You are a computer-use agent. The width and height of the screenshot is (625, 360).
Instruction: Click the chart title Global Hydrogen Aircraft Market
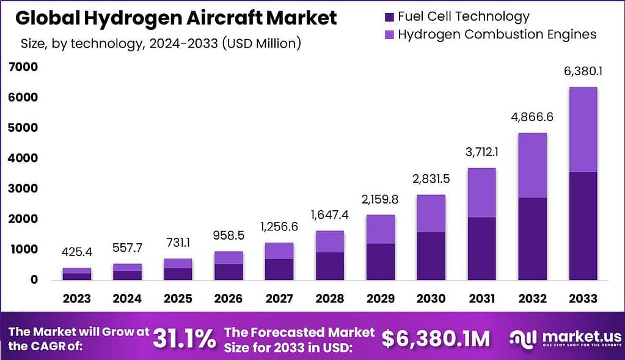176,18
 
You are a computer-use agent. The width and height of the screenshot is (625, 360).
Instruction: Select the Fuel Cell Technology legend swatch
389,17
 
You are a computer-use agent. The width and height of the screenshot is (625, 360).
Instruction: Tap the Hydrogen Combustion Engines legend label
497,34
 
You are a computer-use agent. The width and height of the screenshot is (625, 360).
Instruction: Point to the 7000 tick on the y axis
23,67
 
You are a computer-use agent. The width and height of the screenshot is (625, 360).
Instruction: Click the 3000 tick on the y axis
23,188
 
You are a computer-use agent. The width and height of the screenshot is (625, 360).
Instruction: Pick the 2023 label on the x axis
76,299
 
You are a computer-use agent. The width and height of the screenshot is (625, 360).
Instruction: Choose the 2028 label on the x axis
329,299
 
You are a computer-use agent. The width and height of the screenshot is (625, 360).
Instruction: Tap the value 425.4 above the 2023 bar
76,252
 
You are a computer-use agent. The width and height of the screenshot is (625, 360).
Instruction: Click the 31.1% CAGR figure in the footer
183,337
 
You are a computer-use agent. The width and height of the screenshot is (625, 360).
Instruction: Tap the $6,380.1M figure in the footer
436,338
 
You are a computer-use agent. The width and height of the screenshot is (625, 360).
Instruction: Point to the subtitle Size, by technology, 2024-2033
160,43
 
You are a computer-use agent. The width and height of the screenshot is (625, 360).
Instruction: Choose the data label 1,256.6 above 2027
279,227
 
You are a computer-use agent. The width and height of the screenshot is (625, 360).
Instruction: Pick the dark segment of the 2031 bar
481,248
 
